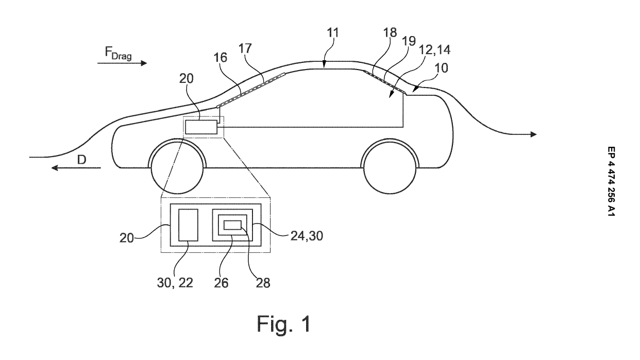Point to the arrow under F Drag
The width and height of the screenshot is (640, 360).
click(122, 63)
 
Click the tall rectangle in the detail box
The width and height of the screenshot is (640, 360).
click(188, 225)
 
